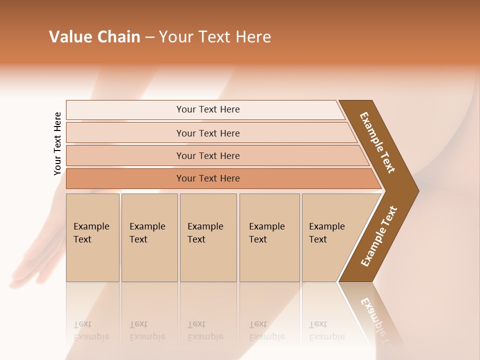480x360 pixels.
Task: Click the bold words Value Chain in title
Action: (x=94, y=37)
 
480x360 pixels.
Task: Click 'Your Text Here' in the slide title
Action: (x=215, y=37)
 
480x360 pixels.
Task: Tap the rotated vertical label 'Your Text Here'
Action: (x=57, y=143)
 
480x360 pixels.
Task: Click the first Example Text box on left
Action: (x=92, y=237)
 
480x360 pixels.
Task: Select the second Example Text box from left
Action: (x=149, y=237)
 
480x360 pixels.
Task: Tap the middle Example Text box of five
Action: (x=208, y=237)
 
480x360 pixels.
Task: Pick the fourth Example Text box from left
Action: (x=269, y=237)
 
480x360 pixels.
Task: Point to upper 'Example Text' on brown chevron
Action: (x=377, y=142)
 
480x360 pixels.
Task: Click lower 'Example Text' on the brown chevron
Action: (x=378, y=236)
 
